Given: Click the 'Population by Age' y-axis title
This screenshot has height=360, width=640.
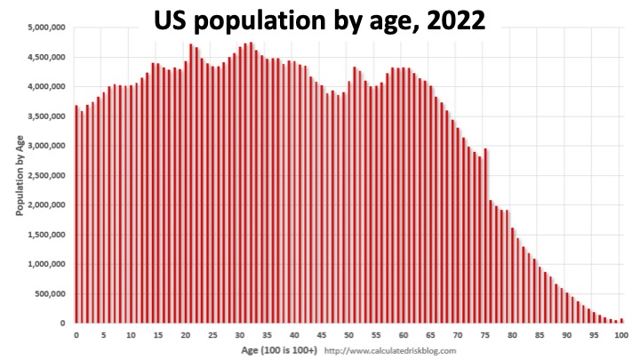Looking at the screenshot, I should click(20, 175).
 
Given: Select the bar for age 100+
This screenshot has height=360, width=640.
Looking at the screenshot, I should click(621, 321).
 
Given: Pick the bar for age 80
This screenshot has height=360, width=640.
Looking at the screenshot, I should click(513, 276).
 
